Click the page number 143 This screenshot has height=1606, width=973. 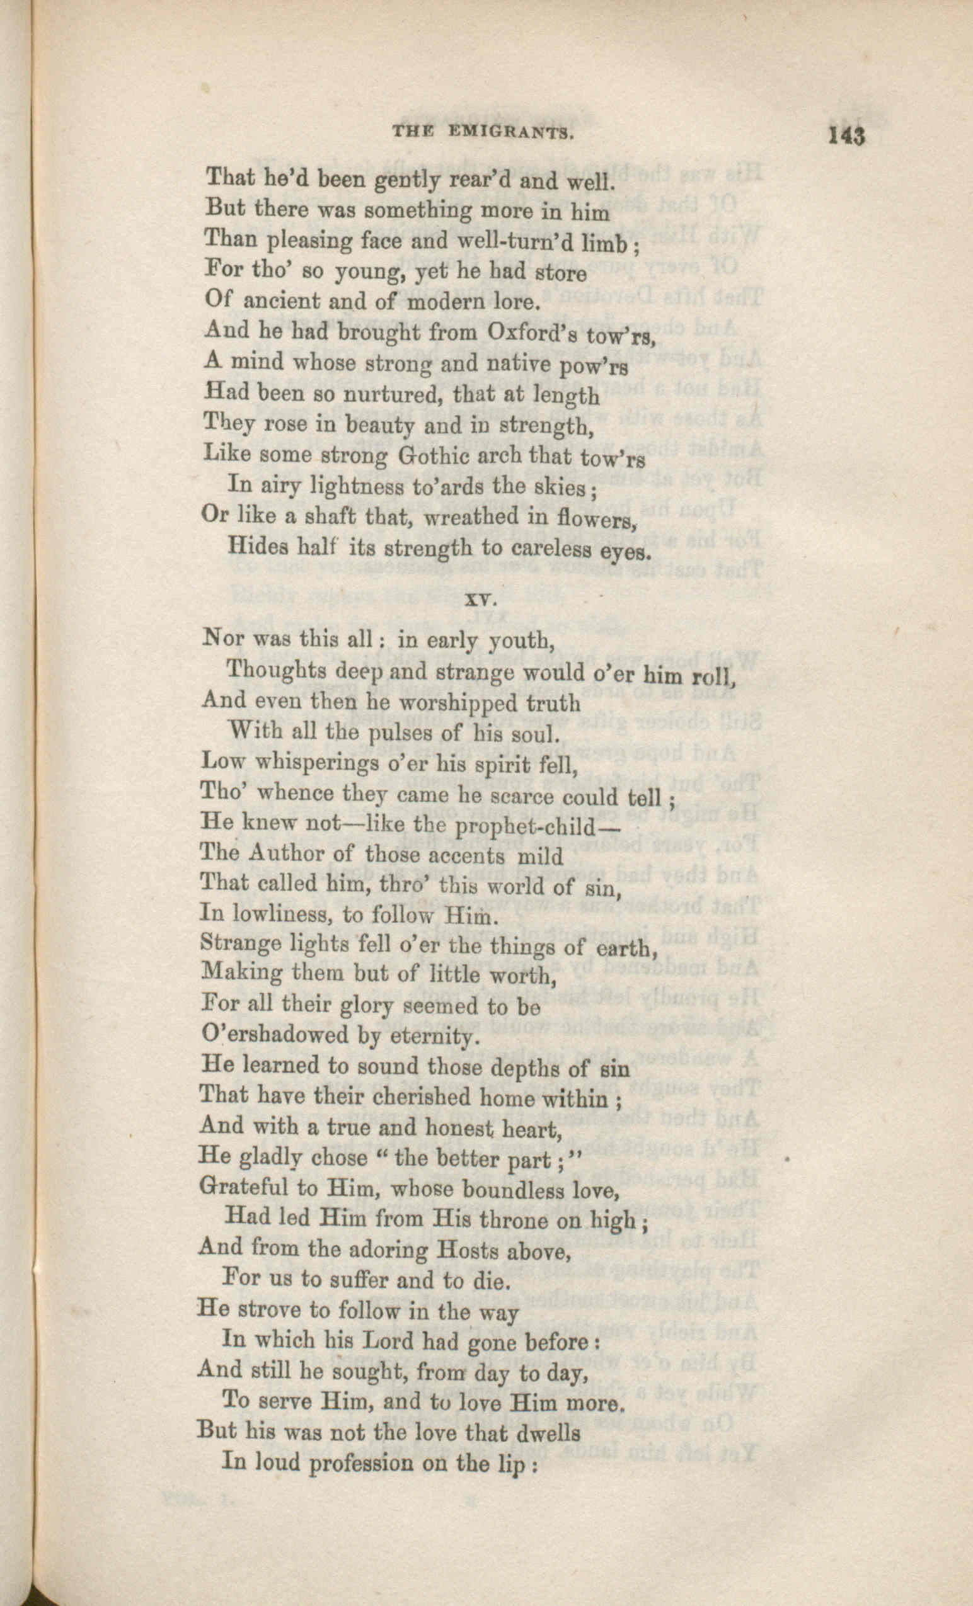846,136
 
